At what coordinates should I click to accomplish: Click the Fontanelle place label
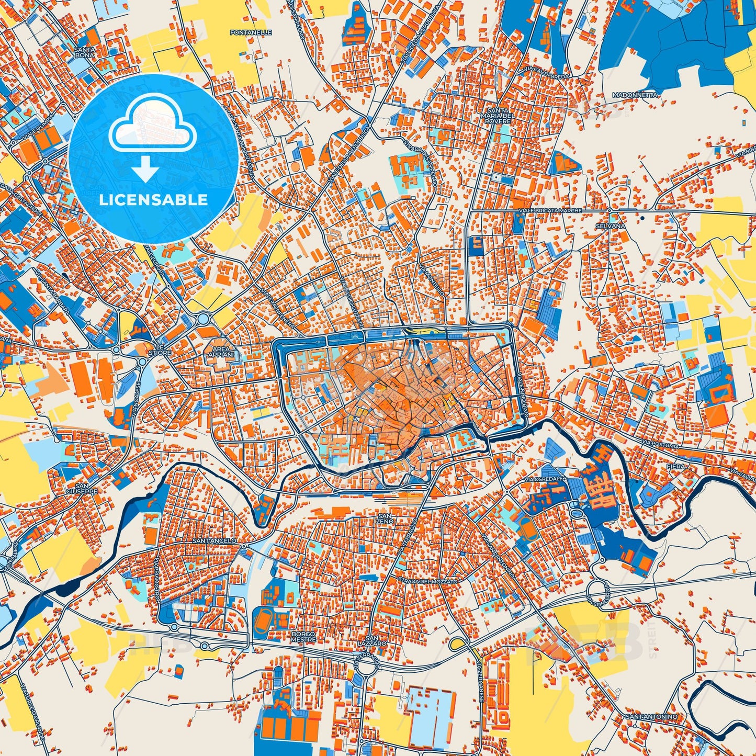[251, 32]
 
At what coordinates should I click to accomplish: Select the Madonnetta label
[635, 95]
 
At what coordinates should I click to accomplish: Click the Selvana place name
[610, 225]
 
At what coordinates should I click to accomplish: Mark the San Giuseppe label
[82, 489]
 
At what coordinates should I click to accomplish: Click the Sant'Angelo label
[215, 540]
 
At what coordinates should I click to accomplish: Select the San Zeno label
[384, 518]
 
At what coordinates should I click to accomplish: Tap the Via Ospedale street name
[548, 479]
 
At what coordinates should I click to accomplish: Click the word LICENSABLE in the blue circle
[153, 200]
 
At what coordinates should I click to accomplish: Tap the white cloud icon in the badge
[152, 126]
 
